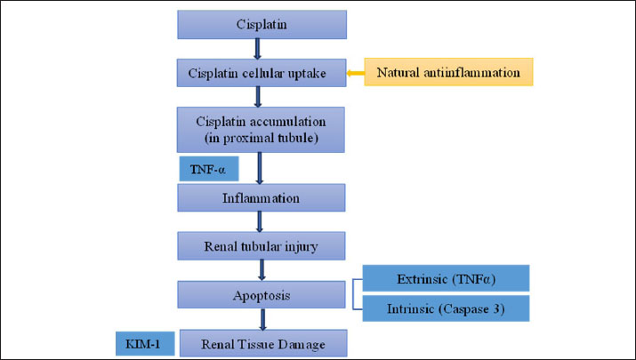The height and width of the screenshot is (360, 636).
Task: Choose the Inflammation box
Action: click(261, 198)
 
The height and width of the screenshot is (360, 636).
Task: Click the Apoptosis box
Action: click(261, 292)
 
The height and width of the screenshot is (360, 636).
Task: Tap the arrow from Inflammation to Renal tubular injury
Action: click(261, 220)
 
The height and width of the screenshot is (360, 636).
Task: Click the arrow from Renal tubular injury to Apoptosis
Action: click(261, 268)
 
